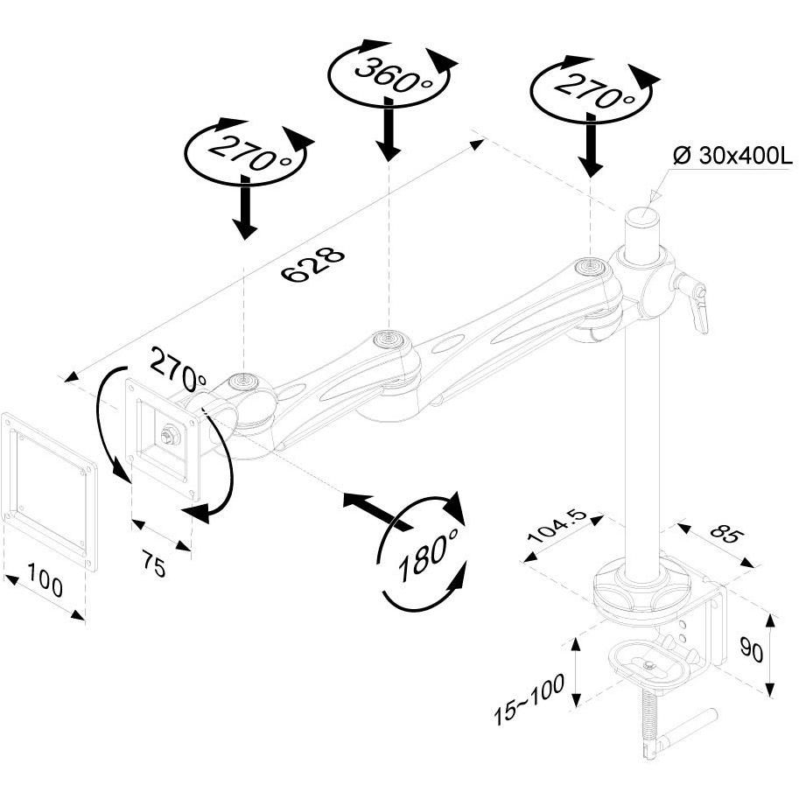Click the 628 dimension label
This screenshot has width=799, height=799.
(313, 264)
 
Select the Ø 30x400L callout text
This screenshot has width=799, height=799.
(732, 156)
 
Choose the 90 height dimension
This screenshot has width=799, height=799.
(752, 652)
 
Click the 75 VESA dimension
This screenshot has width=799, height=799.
(153, 564)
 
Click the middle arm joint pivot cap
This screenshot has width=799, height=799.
(389, 338)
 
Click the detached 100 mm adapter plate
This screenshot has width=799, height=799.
(49, 491)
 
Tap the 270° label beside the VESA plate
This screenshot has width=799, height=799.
(179, 368)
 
